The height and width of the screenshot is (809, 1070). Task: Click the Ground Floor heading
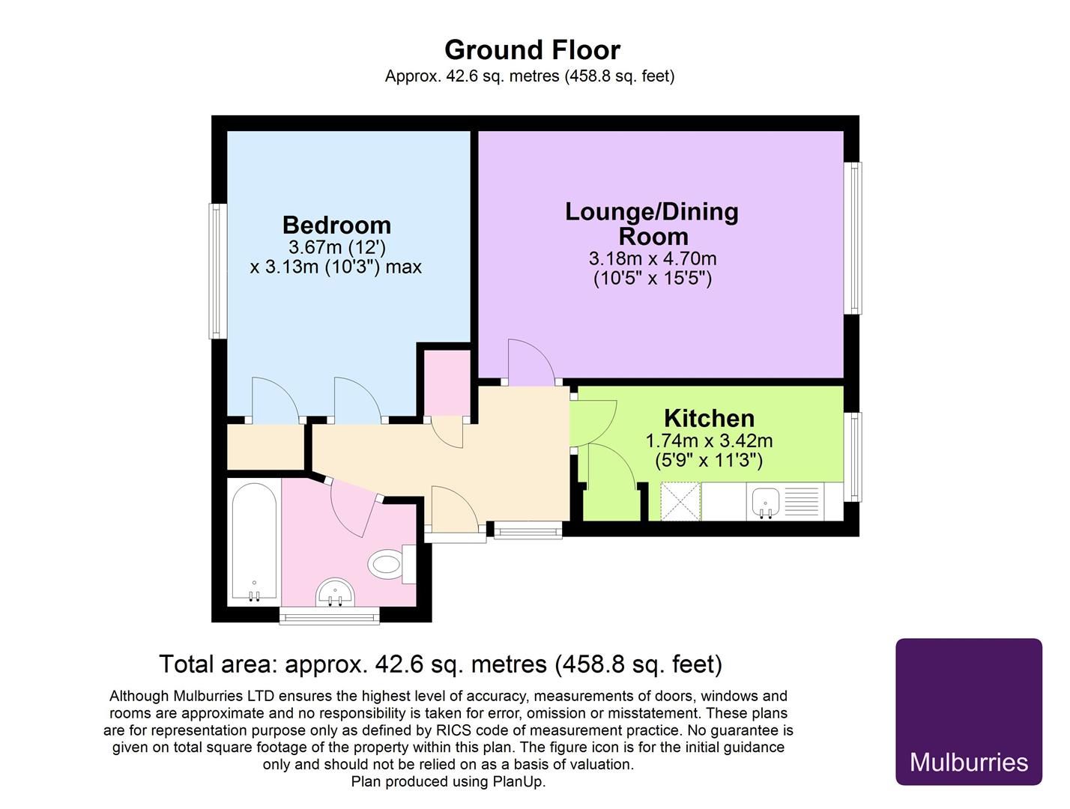[x=532, y=50]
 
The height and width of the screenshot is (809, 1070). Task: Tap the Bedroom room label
[x=336, y=225]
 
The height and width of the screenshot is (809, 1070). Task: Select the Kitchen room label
[x=709, y=418]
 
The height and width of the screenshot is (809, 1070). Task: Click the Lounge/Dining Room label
[x=652, y=224]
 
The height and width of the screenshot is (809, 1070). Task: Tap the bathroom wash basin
[x=335, y=593]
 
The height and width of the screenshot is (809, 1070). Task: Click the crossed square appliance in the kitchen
[x=680, y=501]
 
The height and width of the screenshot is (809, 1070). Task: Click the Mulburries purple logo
[x=969, y=718]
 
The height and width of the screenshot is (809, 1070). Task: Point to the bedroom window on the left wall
[x=218, y=270]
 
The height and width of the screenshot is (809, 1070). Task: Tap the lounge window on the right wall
[x=853, y=237]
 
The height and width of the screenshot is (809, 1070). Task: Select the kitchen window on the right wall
[x=853, y=457]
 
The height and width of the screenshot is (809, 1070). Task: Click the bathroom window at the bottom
[x=330, y=615]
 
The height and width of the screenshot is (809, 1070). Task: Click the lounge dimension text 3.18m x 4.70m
[x=653, y=258]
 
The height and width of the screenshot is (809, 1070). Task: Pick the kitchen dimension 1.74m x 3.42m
[x=709, y=440]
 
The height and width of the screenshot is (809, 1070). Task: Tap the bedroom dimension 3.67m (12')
[x=337, y=247]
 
